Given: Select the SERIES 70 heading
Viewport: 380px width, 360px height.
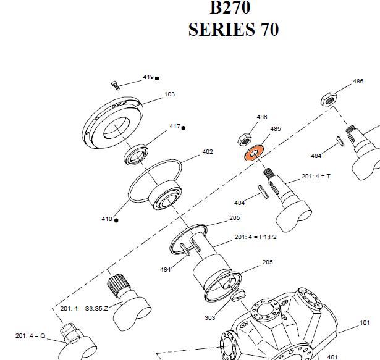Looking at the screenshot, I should coord(233,29).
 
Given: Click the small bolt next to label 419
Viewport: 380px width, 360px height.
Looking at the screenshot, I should coord(115,84).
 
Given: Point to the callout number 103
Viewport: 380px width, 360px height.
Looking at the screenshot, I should coord(169,94).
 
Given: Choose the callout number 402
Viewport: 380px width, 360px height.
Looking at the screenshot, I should coord(208,151).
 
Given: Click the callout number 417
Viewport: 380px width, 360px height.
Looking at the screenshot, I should coord(174,127).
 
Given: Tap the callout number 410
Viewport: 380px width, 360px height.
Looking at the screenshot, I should coord(106,219).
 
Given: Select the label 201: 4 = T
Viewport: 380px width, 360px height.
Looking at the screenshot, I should coord(316,177).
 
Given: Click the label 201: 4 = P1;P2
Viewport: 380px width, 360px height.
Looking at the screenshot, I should coord(255,237).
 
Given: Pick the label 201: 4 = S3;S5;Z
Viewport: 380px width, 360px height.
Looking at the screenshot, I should coord(84,308).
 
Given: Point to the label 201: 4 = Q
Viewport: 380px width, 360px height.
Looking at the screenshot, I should coord(30,335).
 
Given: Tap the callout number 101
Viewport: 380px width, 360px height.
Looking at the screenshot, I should coord(365,322).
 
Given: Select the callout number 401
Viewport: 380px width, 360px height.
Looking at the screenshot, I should coord(332,356).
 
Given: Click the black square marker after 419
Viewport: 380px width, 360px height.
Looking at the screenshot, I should coord(157,78).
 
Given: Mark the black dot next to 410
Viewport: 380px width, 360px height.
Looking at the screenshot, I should coord(116,220).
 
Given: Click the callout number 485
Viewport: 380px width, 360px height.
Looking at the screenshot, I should coord(275,129).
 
